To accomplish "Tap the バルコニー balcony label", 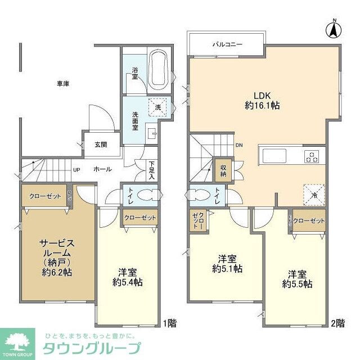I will [227, 43].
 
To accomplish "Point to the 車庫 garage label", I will [63, 84].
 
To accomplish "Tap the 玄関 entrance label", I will [101, 145].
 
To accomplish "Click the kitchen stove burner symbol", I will [312, 156].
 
